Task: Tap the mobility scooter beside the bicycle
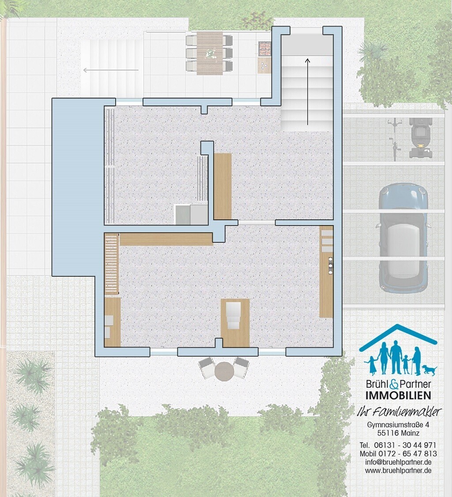pyautogui.click(x=420, y=138)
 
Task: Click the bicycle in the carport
pyautogui.click(x=394, y=139)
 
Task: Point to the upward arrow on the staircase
pyautogui.click(x=307, y=92)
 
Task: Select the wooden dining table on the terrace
pyautogui.click(x=210, y=53)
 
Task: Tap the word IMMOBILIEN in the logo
pyautogui.click(x=398, y=395)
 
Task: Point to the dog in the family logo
pyautogui.click(x=429, y=369)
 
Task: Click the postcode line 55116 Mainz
pyautogui.click(x=398, y=433)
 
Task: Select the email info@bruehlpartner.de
pyautogui.click(x=398, y=462)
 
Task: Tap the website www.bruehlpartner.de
pyautogui.click(x=398, y=471)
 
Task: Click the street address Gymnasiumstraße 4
pyautogui.click(x=398, y=425)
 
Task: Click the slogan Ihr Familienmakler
pyautogui.click(x=399, y=412)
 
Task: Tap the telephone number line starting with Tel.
pyautogui.click(x=398, y=445)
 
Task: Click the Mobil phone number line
pyautogui.click(x=398, y=454)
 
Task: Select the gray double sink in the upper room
pyautogui.click(x=191, y=215)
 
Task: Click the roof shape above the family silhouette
pyautogui.click(x=398, y=337)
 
